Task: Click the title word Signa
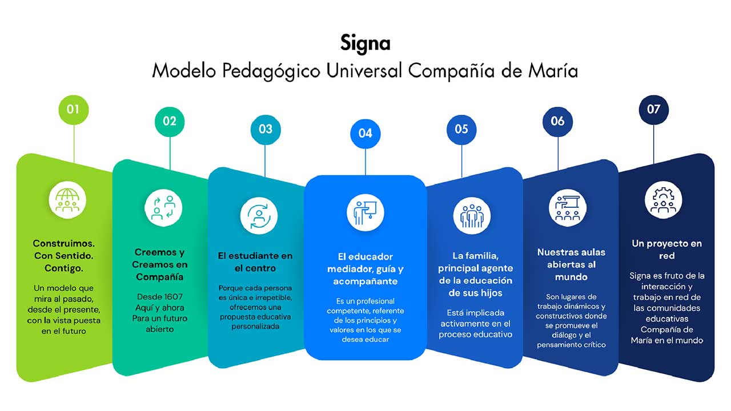(x=365, y=43)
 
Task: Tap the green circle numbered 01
(x=74, y=110)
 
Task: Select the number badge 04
(x=365, y=134)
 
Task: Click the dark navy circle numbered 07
(x=654, y=110)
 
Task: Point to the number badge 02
(x=170, y=122)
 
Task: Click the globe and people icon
(x=67, y=200)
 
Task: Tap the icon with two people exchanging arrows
(x=163, y=208)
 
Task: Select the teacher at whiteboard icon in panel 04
(x=365, y=213)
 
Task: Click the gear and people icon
(x=664, y=200)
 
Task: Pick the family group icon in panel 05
(x=472, y=216)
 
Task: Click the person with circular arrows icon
(x=259, y=216)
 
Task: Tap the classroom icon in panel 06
(x=568, y=208)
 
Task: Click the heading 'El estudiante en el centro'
(x=255, y=262)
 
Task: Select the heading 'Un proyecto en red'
(x=666, y=249)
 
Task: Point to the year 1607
(x=169, y=296)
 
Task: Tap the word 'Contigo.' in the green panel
(x=63, y=268)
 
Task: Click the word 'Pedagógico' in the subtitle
(x=271, y=71)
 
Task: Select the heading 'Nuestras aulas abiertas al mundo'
(x=571, y=264)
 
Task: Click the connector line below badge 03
(x=265, y=161)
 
